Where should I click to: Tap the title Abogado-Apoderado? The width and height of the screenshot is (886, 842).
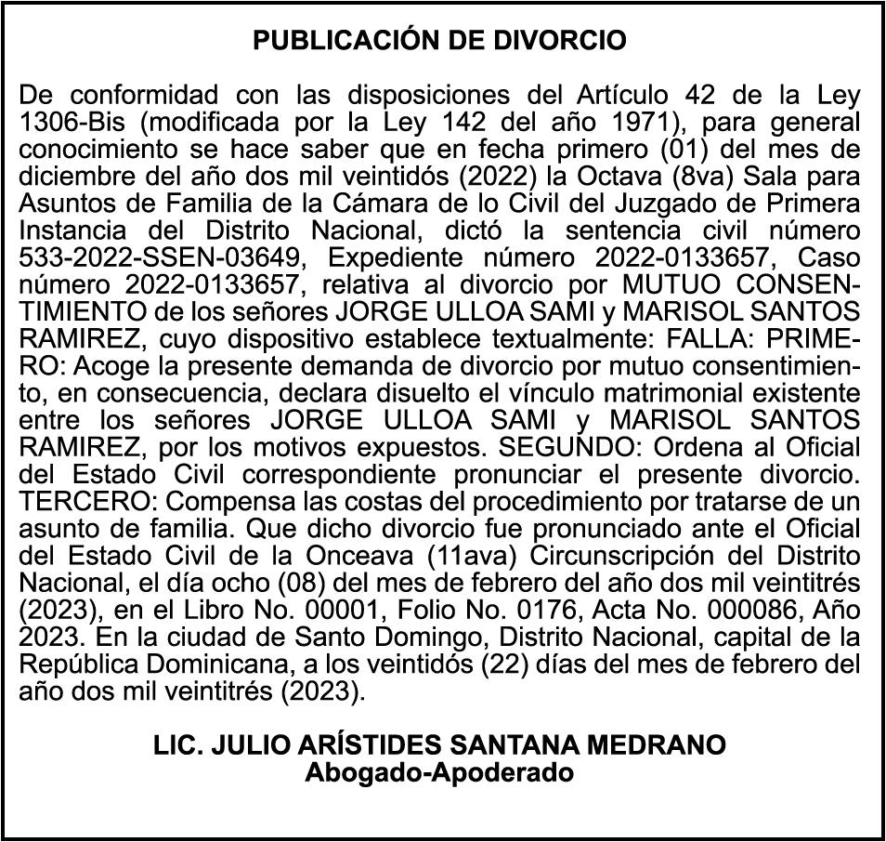440,771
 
